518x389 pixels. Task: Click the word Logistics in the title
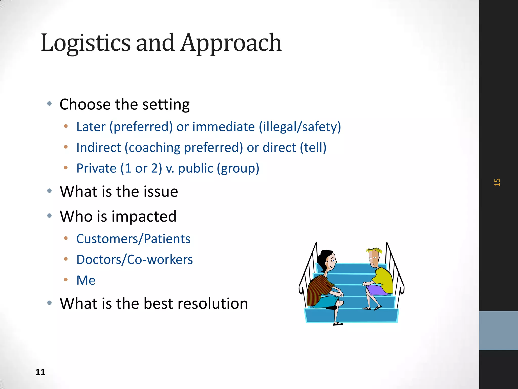point(85,43)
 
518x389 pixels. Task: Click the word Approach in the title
point(231,43)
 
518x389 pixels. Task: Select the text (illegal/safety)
point(300,127)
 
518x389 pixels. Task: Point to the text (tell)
point(313,147)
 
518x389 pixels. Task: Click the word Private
point(96,168)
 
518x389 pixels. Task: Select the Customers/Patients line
point(133,239)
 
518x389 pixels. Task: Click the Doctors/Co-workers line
point(134,260)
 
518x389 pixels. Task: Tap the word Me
point(86,280)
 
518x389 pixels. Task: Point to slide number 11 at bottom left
point(40,372)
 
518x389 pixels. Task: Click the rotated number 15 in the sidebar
point(497,182)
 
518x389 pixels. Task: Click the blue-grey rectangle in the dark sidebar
point(498,330)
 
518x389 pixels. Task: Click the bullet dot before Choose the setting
point(50,103)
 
